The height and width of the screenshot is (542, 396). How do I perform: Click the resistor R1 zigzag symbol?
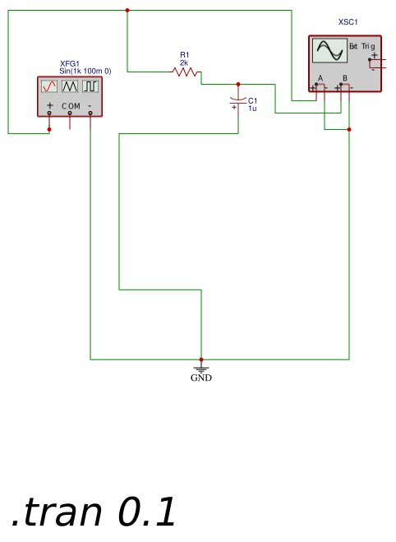[186, 72]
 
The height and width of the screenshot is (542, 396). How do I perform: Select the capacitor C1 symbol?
[238, 101]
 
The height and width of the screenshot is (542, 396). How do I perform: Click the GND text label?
[201, 378]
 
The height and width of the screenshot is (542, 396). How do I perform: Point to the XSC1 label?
[348, 22]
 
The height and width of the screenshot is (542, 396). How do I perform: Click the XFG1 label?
[70, 63]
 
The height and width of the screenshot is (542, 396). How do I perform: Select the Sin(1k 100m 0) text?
[85, 72]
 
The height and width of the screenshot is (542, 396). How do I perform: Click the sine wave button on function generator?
[49, 86]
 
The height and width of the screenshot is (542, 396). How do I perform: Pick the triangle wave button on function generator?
[70, 86]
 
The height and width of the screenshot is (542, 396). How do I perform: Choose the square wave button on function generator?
[90, 86]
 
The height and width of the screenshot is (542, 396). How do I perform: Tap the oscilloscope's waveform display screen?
[329, 50]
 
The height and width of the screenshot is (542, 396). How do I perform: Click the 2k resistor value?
[184, 63]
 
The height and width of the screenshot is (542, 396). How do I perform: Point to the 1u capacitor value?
[252, 109]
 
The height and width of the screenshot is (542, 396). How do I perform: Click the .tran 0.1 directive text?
[94, 512]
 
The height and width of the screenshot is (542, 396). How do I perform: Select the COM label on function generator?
[71, 106]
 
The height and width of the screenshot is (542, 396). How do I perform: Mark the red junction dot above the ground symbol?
[201, 359]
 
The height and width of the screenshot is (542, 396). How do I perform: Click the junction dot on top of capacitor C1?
[238, 85]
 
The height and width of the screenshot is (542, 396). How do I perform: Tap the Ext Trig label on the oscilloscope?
[362, 46]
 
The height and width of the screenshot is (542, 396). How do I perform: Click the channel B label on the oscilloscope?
[345, 78]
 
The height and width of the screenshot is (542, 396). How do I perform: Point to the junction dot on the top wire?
[127, 11]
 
